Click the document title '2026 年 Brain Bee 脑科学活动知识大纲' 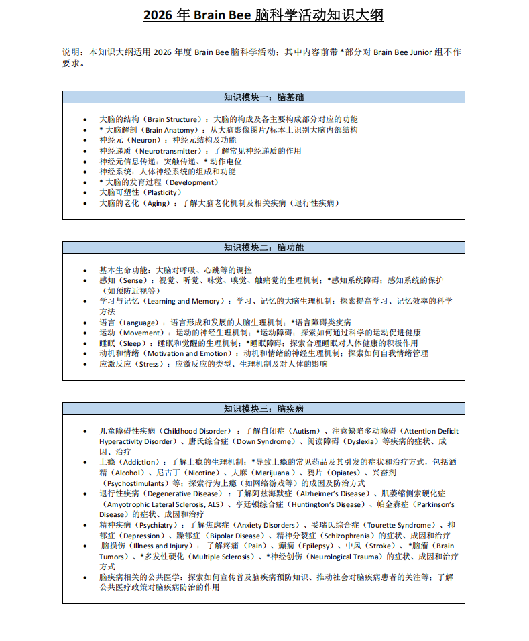tap(263, 15)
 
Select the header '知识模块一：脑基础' tap(263, 97)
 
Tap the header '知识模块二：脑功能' tap(263, 247)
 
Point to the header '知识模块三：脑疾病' tap(263, 408)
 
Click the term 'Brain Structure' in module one tap(173, 119)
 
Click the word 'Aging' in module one tap(159, 203)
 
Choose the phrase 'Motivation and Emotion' tap(187, 353)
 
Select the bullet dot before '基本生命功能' tap(85, 270)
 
